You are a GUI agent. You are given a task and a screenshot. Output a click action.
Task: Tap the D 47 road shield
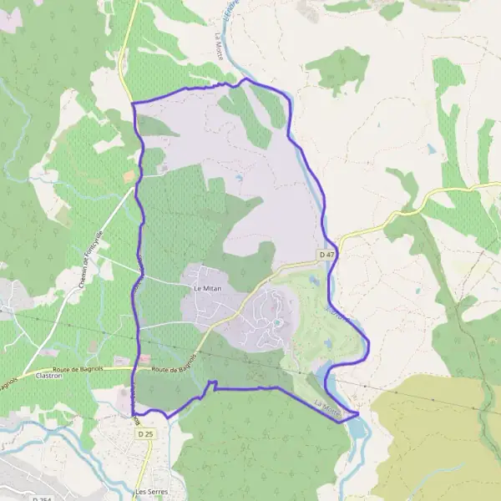point(326,253)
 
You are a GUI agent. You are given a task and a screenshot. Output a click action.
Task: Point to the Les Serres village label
point(151,493)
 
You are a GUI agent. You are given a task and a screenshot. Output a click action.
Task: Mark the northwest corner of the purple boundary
point(134,104)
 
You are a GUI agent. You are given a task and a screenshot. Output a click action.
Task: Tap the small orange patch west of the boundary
point(129,176)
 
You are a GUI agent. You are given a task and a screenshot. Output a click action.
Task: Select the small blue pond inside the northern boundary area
point(240,177)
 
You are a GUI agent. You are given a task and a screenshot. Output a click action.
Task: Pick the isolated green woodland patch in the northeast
point(338,68)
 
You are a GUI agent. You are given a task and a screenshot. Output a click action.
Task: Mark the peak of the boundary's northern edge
point(243,80)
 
